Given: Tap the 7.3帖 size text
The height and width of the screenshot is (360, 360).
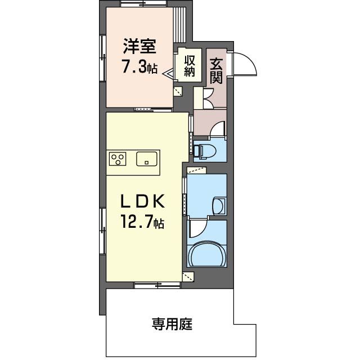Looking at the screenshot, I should (139, 67).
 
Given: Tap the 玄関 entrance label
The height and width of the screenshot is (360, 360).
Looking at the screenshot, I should (216, 71).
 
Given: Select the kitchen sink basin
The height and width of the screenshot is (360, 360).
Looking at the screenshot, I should (147, 159).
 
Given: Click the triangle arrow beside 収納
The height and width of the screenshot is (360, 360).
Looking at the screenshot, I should (169, 73).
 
